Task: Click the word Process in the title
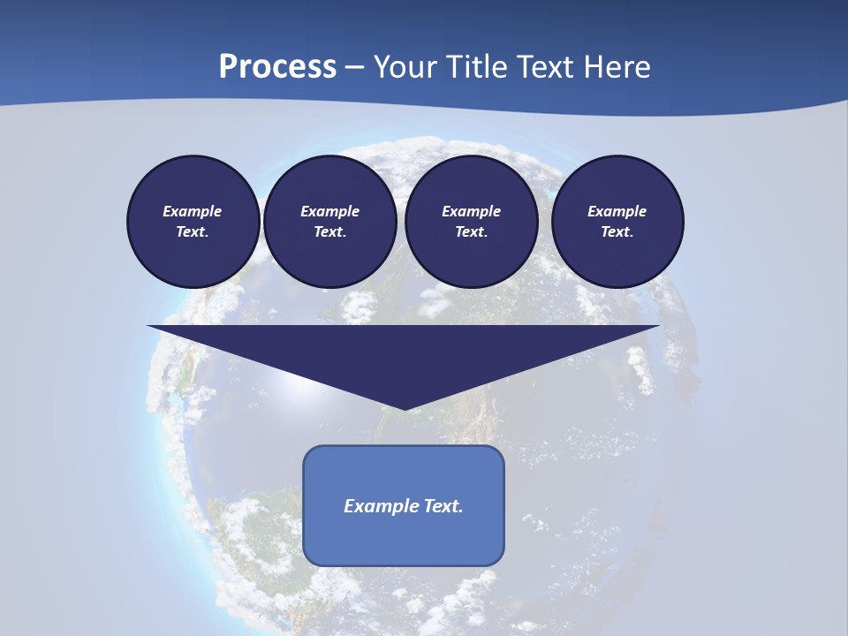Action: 277,67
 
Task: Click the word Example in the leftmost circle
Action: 193,211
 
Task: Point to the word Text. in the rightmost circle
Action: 617,231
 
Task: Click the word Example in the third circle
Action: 471,211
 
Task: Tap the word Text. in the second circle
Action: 329,231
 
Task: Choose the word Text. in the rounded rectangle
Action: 443,506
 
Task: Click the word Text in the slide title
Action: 543,67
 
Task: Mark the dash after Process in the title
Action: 355,68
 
